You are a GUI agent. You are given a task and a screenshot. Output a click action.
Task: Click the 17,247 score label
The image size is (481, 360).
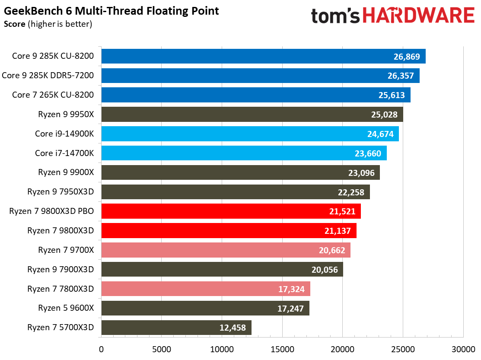coord(290,308)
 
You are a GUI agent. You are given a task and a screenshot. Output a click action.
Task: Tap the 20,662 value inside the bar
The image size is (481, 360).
coord(331,250)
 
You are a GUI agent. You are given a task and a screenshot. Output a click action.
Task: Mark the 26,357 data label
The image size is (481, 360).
coord(400,76)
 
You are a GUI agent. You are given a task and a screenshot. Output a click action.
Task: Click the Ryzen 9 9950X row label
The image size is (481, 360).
coord(66,115)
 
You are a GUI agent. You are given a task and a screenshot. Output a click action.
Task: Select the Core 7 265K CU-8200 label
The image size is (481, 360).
coord(54,95)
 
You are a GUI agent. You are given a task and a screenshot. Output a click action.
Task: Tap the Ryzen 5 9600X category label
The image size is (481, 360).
coord(66,308)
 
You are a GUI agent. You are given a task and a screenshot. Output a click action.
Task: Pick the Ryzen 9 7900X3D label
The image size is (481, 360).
coord(61,269)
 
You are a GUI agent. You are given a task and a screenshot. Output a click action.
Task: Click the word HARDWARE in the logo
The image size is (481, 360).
coord(419,16)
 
